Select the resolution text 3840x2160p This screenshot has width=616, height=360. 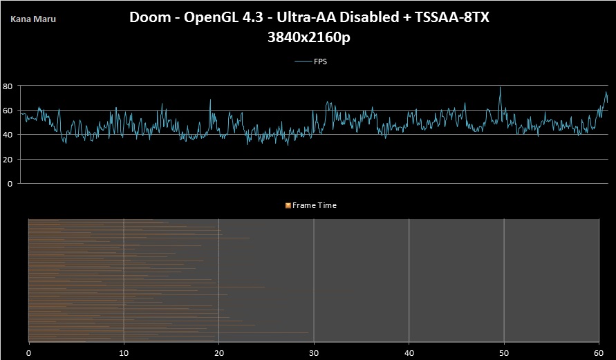coord(308,38)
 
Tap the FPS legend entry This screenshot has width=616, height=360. coord(320,61)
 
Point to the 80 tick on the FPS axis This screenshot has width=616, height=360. coord(8,86)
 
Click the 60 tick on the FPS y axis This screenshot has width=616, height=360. coord(8,111)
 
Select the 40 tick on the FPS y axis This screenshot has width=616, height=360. coord(8,135)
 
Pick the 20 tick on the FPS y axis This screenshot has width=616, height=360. coord(8,160)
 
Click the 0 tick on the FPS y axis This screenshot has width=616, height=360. coord(10,184)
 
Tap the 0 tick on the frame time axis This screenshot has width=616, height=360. coord(28,352)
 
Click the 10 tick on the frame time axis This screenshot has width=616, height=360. coord(123,352)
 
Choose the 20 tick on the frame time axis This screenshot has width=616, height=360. coord(218,352)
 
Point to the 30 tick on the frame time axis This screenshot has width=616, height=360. coord(314,352)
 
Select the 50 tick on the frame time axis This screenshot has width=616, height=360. coord(504,352)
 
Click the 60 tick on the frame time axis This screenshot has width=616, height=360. coord(599,352)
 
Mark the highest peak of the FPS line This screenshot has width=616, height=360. coord(500,87)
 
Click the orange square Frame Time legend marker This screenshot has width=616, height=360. coord(288,205)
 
